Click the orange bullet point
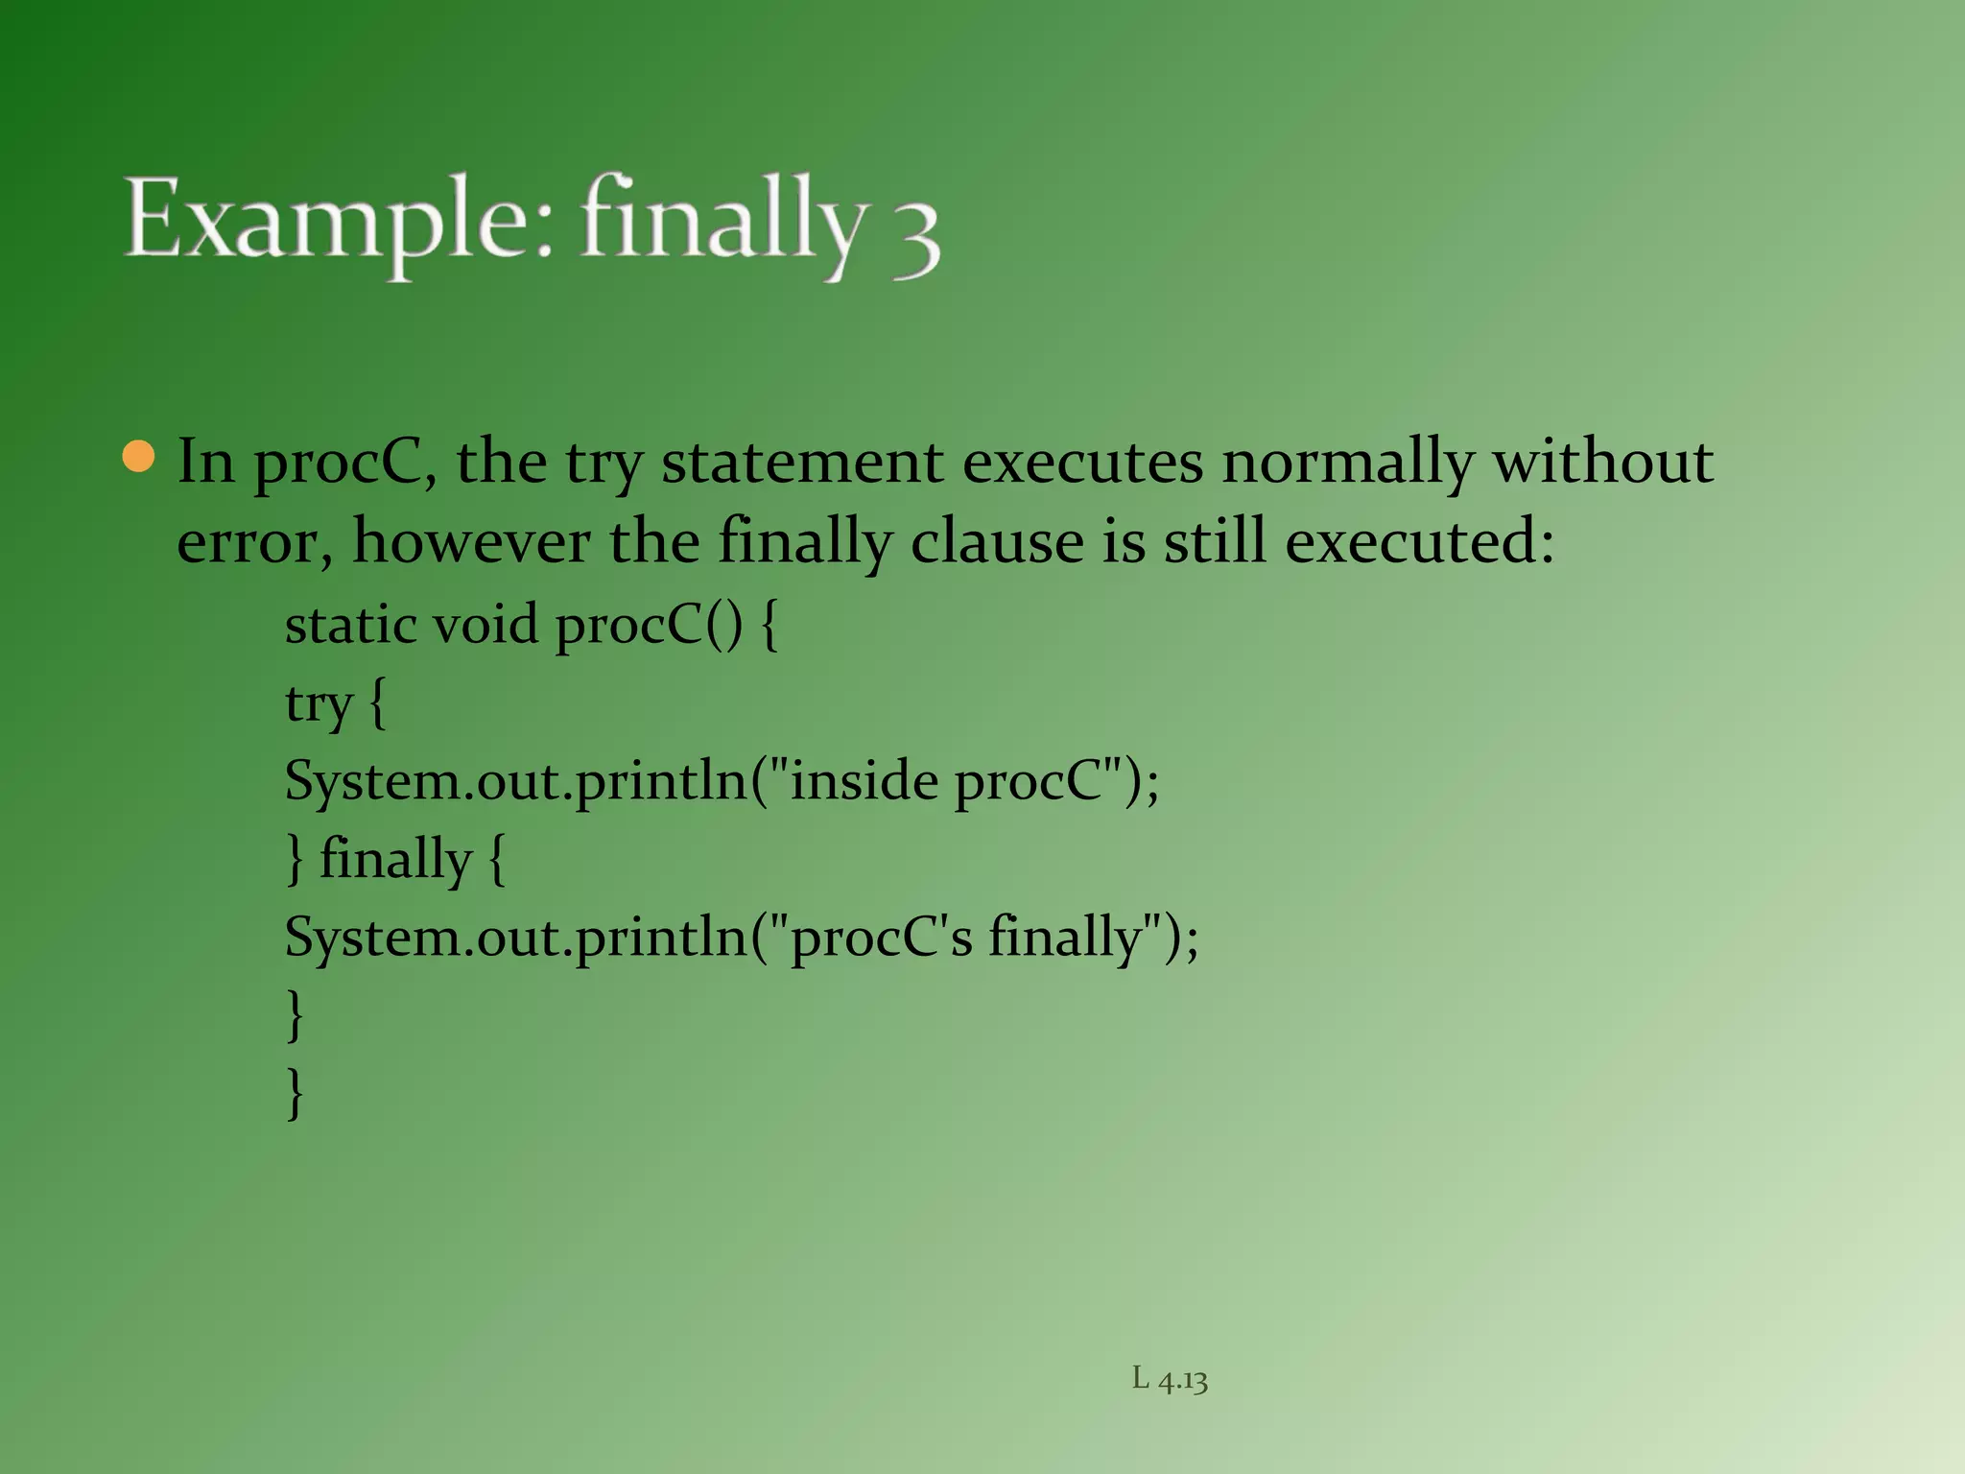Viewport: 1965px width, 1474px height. click(139, 458)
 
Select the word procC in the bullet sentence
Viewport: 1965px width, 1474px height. click(342, 463)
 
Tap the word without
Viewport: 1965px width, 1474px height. click(1603, 463)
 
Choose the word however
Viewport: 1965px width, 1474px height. click(471, 542)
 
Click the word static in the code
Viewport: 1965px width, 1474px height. click(351, 625)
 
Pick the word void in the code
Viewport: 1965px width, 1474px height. click(485, 625)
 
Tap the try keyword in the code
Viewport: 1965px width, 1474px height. click(319, 704)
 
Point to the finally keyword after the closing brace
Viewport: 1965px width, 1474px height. click(395, 858)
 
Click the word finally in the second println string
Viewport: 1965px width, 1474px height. click(1065, 937)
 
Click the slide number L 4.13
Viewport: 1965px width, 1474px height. click(1170, 1380)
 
